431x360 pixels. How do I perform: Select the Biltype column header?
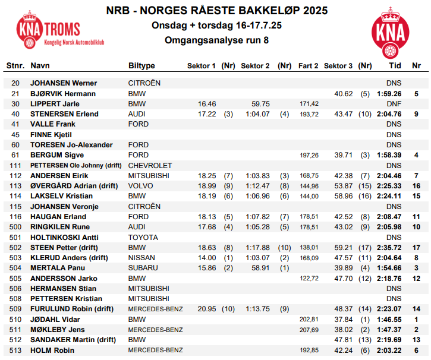coord(141,65)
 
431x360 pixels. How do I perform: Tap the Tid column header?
coord(394,65)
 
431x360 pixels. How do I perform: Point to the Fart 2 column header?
coord(308,65)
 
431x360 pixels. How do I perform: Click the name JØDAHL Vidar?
coord(56,320)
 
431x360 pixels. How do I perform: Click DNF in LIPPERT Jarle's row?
coord(394,103)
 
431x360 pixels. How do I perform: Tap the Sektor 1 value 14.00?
coord(207,258)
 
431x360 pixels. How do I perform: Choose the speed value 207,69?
coord(309,330)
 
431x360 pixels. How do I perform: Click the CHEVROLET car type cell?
coord(150,165)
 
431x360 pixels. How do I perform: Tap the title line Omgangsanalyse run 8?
coord(216,40)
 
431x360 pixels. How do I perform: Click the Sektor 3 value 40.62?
coord(344,93)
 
